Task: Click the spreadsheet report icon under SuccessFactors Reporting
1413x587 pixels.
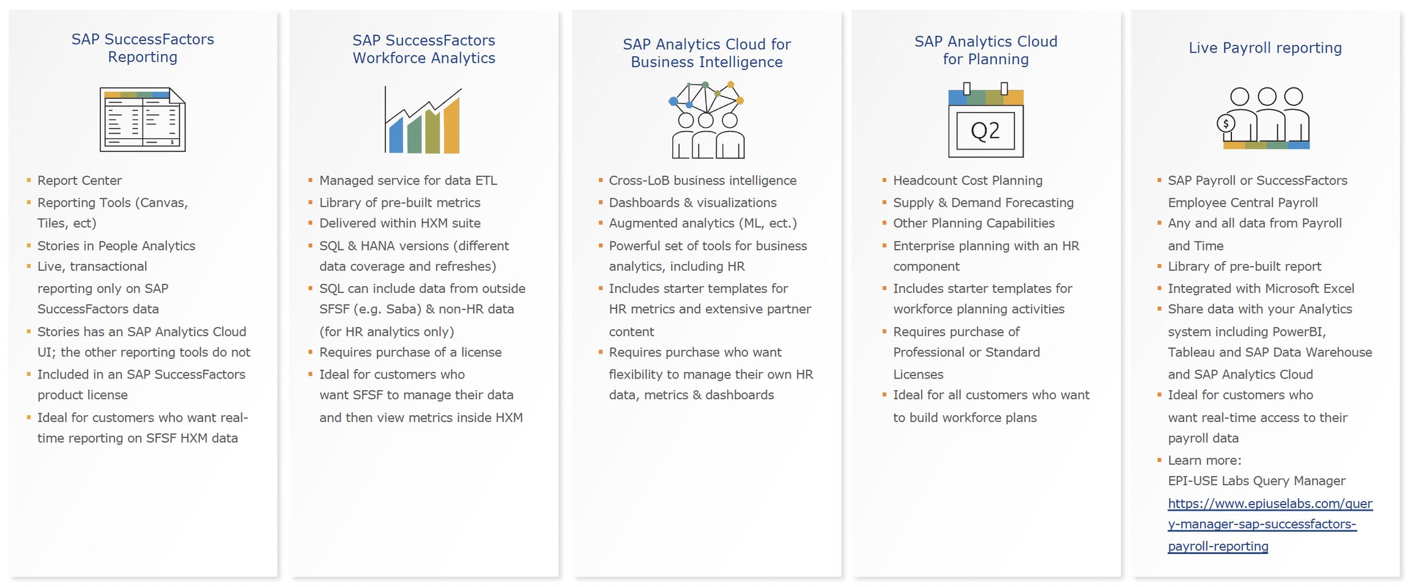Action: (x=143, y=120)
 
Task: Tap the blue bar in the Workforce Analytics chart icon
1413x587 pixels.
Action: (x=396, y=136)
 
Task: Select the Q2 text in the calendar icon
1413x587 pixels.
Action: (x=985, y=131)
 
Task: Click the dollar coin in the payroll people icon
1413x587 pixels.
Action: (x=1225, y=124)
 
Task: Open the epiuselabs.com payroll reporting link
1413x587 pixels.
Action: (x=1269, y=524)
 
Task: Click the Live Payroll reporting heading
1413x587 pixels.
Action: (x=1265, y=48)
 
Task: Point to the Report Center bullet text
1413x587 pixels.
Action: (x=80, y=180)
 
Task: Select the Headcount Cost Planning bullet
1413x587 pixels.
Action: (x=968, y=180)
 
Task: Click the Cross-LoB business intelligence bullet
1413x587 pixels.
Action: (x=702, y=180)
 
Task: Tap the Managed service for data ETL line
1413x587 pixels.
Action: (x=408, y=180)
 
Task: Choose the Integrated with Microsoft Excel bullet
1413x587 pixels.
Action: (x=1261, y=288)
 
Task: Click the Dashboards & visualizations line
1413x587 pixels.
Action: (x=692, y=202)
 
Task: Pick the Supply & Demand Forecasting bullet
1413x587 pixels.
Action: (x=983, y=202)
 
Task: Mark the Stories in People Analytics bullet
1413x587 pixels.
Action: (x=116, y=246)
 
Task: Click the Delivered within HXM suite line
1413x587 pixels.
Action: (x=399, y=223)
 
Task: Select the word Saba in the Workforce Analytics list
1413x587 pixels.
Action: (x=402, y=309)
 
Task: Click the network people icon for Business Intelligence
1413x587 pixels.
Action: (x=707, y=120)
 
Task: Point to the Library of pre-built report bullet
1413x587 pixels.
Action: (x=1244, y=267)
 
